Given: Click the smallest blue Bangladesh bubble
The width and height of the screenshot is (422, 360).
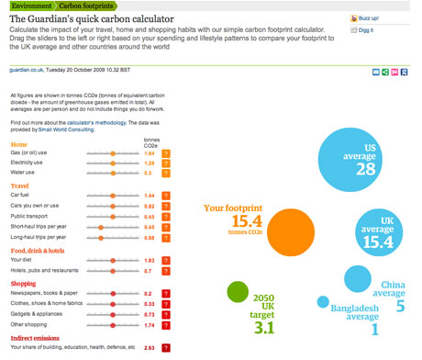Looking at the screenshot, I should [322, 301].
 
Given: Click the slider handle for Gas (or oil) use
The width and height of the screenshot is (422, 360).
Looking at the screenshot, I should [113, 153].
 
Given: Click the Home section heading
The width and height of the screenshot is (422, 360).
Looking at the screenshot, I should [18, 144].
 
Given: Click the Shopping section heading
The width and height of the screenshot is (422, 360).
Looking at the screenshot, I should [24, 284].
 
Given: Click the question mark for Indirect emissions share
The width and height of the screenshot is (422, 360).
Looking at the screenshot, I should [166, 348].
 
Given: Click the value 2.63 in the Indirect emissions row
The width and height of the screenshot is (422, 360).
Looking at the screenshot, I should [149, 348].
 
